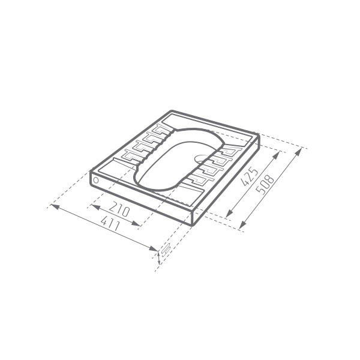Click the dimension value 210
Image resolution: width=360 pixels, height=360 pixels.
[119, 209]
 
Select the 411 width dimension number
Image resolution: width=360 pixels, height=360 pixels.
[110, 223]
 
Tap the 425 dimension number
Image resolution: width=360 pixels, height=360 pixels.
[250, 176]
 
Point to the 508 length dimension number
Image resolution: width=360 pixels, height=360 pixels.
[265, 185]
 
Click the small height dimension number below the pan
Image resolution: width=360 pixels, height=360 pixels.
[166, 250]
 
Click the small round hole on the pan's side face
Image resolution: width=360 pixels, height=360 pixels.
[96, 180]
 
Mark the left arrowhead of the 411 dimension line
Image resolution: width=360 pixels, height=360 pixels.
[55, 206]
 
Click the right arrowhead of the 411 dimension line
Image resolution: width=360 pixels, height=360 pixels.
[153, 248]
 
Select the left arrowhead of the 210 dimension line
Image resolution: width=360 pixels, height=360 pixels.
[95, 207]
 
